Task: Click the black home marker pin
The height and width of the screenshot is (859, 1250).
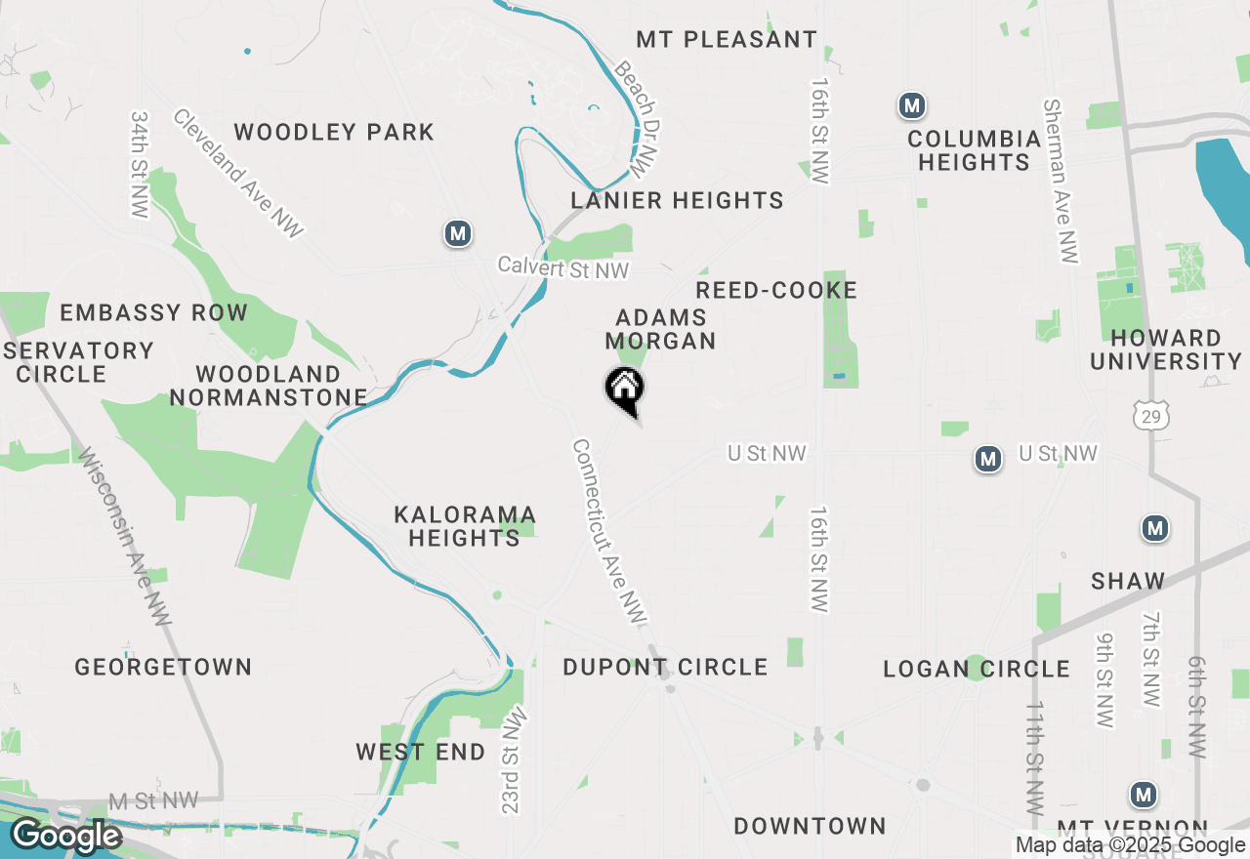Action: tap(625, 390)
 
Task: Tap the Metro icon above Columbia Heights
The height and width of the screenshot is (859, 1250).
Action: tap(912, 105)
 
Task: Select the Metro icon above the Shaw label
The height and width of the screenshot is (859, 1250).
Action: tap(1155, 529)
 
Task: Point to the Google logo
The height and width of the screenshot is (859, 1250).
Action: tap(66, 836)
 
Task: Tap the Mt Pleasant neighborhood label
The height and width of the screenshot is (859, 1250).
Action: tap(727, 40)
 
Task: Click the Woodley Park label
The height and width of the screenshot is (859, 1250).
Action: tap(334, 133)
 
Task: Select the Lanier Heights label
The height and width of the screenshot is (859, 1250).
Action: tap(678, 201)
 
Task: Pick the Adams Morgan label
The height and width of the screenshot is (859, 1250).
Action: tap(661, 329)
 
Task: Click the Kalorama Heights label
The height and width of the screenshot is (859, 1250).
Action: tap(465, 526)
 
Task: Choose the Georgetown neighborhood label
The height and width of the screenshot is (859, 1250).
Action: tap(164, 668)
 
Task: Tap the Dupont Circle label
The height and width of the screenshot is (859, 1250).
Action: tap(665, 668)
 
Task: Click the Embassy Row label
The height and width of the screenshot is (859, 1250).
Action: tap(154, 313)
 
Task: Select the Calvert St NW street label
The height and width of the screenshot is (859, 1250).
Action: tap(563, 267)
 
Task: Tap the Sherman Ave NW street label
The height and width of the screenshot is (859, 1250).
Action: tap(1062, 181)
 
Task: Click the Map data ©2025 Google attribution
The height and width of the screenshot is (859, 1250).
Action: tap(1130, 845)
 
